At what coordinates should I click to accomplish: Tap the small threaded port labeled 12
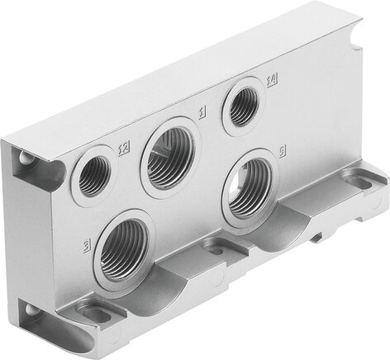click(x=93, y=173)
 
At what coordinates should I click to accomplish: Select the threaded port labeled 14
click(x=243, y=105)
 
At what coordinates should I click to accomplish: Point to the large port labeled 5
click(x=250, y=186)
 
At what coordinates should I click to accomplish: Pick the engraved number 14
click(x=270, y=80)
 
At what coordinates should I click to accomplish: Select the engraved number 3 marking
click(x=87, y=244)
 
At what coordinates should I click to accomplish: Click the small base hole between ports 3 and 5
click(x=216, y=248)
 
